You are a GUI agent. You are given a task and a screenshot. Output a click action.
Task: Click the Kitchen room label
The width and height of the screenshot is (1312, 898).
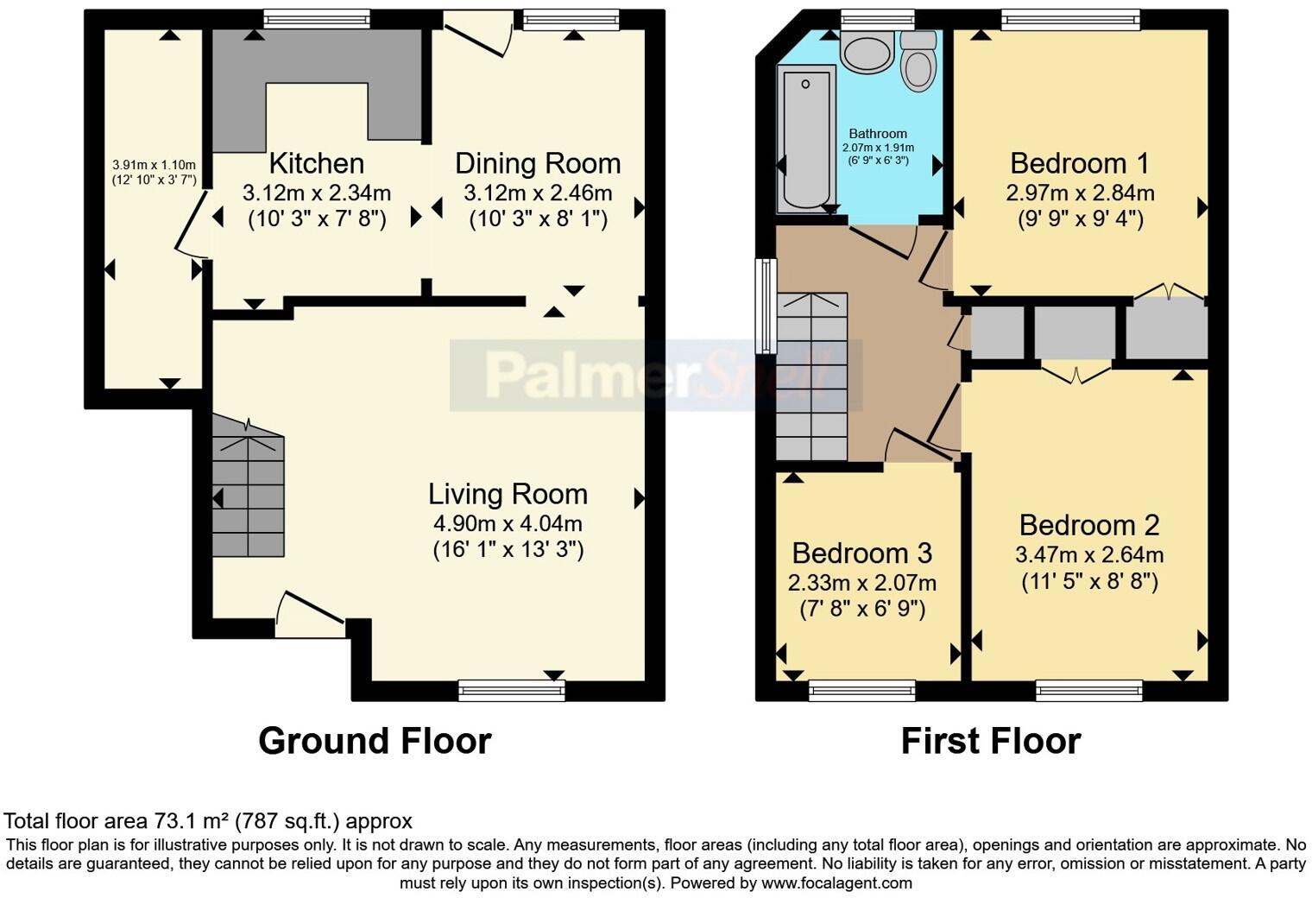[x=317, y=163]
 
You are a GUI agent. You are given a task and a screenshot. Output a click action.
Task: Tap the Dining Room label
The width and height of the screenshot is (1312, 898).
[x=538, y=163]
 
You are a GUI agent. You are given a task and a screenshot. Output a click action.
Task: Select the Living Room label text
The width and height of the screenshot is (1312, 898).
[x=508, y=494]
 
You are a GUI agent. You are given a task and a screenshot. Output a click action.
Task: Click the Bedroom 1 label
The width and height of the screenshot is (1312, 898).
[x=1080, y=163]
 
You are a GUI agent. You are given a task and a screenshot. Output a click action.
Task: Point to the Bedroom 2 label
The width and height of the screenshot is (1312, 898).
[x=1088, y=525]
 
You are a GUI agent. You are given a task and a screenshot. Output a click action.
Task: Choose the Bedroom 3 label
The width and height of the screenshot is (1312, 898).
[x=861, y=553]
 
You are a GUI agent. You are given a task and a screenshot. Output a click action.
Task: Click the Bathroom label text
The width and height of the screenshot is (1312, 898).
[x=878, y=134]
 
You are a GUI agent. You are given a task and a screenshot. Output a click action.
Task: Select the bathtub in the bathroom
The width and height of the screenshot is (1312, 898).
[x=805, y=138]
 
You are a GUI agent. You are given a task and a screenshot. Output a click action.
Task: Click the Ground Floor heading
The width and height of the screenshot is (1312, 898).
[x=375, y=741]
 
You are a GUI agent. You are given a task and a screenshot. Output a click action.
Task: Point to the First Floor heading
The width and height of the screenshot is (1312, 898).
[x=990, y=741]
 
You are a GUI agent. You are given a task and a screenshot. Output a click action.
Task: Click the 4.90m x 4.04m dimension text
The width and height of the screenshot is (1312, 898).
[x=508, y=523]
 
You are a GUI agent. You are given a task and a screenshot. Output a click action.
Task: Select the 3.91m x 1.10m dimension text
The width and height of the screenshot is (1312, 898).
[x=155, y=165]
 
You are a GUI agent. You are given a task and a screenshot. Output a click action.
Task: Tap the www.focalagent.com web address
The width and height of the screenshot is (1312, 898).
[x=836, y=883]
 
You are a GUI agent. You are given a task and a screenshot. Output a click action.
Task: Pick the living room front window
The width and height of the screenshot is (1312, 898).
[x=512, y=688]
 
